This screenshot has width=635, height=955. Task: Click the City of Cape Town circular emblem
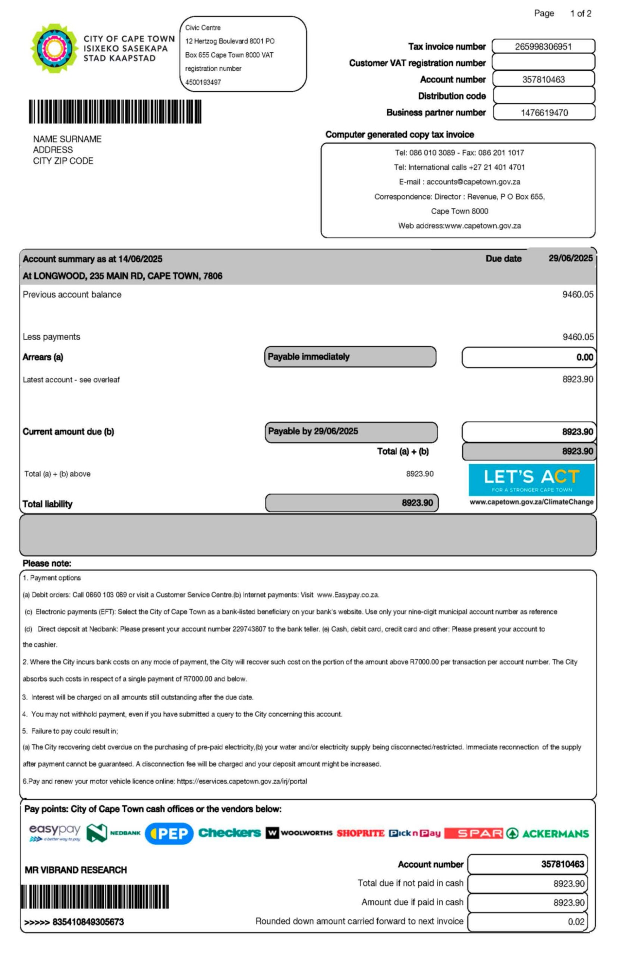click(54, 48)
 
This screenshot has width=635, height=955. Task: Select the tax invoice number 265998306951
click(543, 47)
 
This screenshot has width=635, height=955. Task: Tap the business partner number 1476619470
click(544, 113)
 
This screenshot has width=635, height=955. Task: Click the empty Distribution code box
click(544, 96)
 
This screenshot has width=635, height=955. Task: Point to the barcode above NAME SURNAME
click(115, 112)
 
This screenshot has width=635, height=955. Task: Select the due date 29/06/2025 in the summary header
click(570, 259)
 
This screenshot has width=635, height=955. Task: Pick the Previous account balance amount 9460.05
click(578, 295)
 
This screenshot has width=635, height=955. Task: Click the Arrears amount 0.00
click(584, 357)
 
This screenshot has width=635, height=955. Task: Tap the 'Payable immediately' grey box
click(350, 357)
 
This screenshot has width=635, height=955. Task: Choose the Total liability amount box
click(352, 503)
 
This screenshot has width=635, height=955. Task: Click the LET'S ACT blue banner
click(531, 480)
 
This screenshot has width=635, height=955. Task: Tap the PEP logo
click(169, 833)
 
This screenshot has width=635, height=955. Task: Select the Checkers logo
click(230, 833)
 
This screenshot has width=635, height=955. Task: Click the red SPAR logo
click(474, 833)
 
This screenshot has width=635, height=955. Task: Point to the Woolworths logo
click(299, 833)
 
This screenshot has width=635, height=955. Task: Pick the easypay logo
click(55, 833)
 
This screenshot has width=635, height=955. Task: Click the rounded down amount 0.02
click(575, 922)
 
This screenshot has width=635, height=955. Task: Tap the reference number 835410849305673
click(88, 922)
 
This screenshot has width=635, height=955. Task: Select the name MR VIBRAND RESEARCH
click(76, 870)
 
